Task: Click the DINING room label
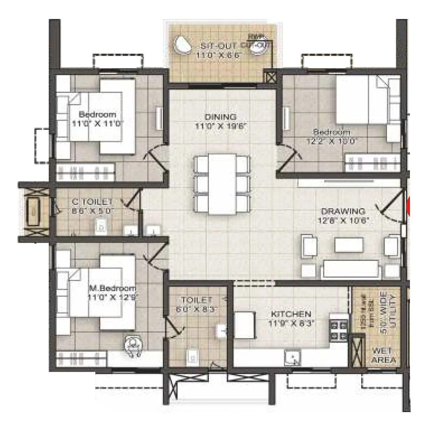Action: [x=220, y=117]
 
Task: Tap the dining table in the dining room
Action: [x=222, y=184]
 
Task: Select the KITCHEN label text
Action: [x=291, y=314]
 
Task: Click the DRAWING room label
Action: [x=343, y=211]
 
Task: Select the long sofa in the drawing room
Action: [x=350, y=269]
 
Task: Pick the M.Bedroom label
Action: [x=112, y=288]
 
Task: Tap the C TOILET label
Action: [x=92, y=202]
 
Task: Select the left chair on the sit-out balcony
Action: [x=183, y=46]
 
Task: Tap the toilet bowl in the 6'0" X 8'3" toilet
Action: [x=192, y=357]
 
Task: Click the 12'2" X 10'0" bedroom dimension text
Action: [x=331, y=141]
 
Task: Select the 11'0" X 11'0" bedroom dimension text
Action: [x=97, y=124]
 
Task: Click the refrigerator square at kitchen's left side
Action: [x=245, y=325]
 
